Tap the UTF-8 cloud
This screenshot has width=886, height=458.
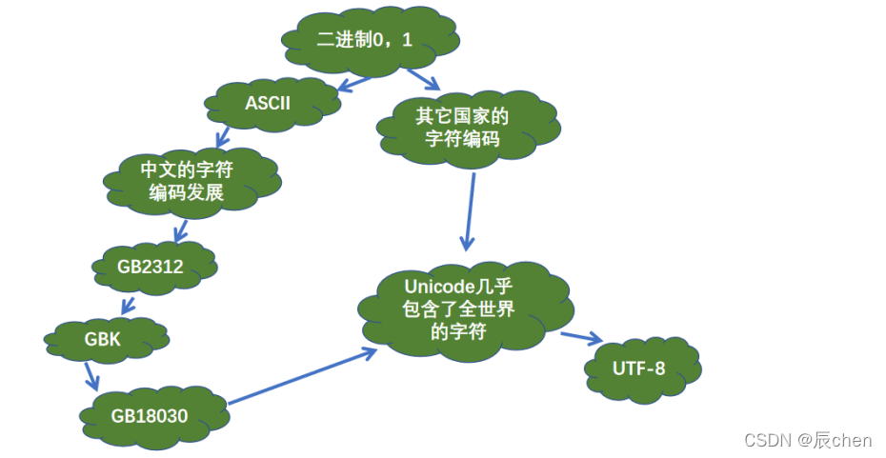pyautogui.click(x=641, y=368)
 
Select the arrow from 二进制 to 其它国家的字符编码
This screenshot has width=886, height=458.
pyautogui.click(x=423, y=79)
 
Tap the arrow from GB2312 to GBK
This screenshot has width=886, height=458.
pyautogui.click(x=127, y=306)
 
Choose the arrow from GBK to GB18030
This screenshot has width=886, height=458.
pyautogui.click(x=91, y=374)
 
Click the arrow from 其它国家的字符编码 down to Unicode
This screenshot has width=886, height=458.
pyautogui.click(x=470, y=209)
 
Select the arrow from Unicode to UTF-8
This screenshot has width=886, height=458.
pyautogui.click(x=581, y=337)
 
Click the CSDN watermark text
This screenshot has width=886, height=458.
pyautogui.click(x=808, y=439)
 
